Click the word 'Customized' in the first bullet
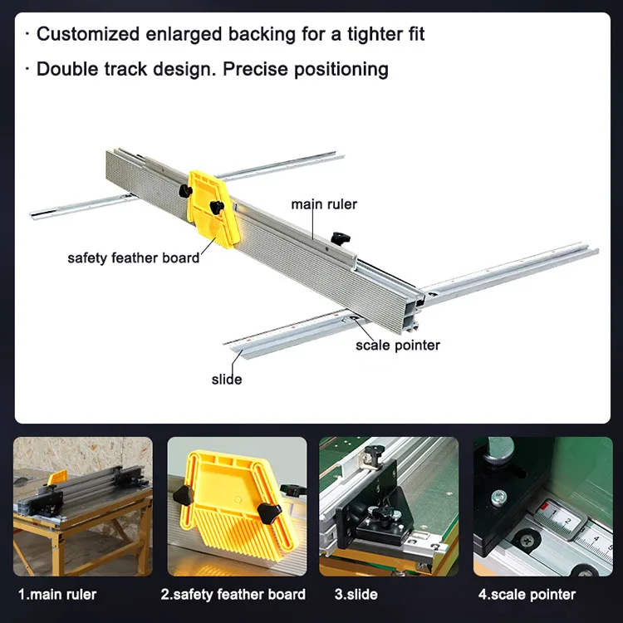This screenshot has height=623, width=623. tap(88, 34)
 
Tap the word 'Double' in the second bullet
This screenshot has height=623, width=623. tap(67, 69)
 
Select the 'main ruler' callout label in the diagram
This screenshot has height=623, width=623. tap(324, 204)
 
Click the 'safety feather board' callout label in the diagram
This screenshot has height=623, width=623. tap(134, 258)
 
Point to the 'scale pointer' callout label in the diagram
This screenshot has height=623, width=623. tap(398, 346)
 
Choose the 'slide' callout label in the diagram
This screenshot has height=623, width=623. tap(227, 380)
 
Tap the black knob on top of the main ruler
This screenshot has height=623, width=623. tap(340, 238)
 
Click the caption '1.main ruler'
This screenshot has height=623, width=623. tap(57, 595)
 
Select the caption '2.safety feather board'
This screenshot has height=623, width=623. tap(233, 595)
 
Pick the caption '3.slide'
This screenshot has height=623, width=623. tap(356, 595)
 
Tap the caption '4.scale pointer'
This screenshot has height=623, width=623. tap(527, 595)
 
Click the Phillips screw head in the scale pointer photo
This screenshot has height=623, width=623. tap(526, 541)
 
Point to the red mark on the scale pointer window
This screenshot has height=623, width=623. tap(543, 507)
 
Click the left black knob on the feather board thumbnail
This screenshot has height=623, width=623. tap(184, 495)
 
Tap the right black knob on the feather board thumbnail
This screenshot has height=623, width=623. tap(269, 513)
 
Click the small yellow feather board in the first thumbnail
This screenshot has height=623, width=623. tap(57, 478)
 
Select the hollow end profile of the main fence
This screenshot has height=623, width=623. tap(414, 311)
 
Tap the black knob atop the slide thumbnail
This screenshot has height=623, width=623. tap(374, 452)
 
